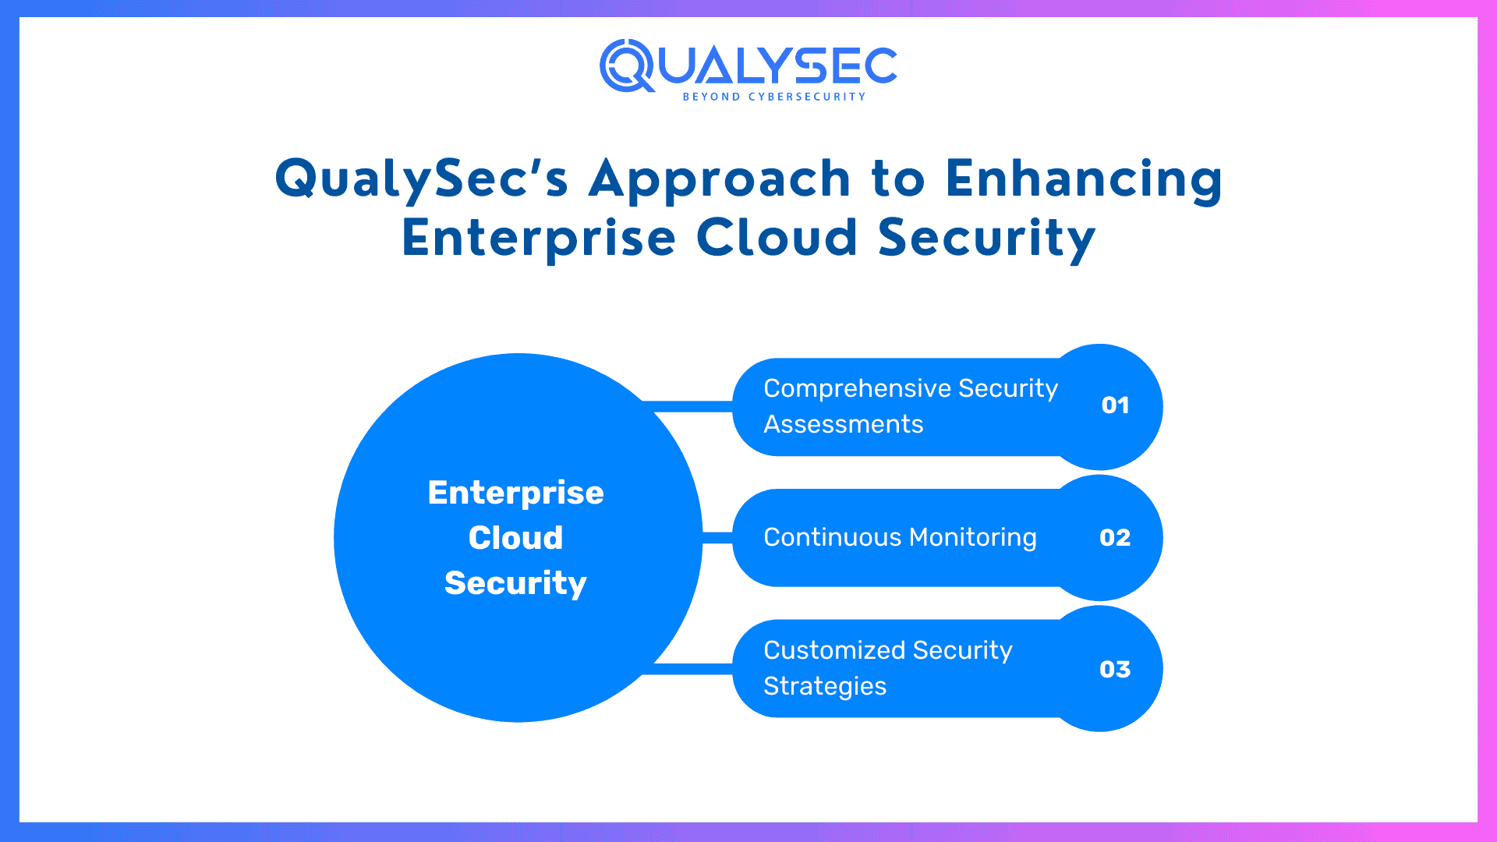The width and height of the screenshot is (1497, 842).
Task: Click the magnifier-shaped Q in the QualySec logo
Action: [627, 65]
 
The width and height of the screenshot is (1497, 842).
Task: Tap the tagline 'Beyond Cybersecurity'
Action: [773, 97]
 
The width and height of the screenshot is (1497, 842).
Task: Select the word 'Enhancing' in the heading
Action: [1084, 179]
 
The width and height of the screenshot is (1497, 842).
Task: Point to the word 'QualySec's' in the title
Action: [421, 179]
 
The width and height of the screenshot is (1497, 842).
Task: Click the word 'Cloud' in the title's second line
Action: [777, 238]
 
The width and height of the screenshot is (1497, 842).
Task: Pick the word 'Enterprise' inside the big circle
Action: [515, 493]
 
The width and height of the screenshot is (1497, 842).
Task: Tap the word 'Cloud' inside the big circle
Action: [515, 538]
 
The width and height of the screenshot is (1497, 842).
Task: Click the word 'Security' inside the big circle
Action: [515, 583]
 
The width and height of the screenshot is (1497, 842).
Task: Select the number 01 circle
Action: [1115, 405]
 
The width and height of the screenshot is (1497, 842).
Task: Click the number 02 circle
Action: [1115, 537]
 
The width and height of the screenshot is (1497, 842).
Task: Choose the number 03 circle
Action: [1115, 669]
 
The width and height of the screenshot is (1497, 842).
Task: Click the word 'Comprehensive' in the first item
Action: [856, 388]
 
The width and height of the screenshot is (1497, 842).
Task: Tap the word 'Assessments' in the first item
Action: [843, 424]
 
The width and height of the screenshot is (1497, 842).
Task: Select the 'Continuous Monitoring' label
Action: [900, 537]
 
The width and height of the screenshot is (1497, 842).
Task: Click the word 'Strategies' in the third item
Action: [824, 686]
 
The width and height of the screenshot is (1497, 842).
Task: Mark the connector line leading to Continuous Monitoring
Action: [717, 538]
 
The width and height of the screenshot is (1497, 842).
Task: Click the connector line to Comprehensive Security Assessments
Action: [690, 406]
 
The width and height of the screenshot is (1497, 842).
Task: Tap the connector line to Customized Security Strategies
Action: [690, 669]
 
